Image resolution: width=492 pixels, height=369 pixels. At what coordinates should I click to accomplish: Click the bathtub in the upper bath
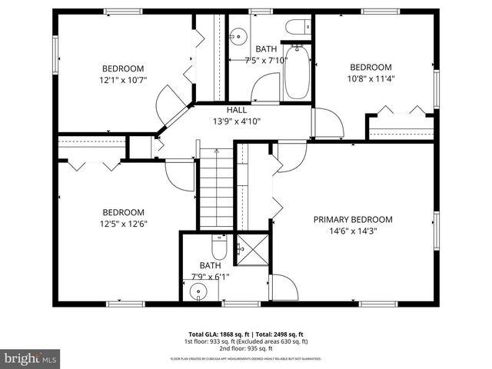[x=296, y=73]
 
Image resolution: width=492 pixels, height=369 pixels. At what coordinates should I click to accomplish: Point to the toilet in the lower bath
[x=218, y=249]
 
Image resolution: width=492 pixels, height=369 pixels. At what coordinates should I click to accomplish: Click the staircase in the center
[x=217, y=188]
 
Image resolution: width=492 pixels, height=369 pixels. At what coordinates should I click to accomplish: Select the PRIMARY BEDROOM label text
[x=353, y=219]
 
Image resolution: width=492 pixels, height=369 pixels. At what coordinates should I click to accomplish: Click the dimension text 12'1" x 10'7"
[x=123, y=78]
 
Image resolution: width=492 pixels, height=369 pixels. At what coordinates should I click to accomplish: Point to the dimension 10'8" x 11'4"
[x=371, y=78]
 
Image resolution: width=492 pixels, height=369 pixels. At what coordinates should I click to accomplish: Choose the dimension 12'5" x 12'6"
[x=124, y=224]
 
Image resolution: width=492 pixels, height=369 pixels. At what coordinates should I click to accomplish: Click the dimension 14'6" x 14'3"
[x=353, y=230]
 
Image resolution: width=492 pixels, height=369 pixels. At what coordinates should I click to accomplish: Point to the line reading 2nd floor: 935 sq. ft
[x=245, y=347]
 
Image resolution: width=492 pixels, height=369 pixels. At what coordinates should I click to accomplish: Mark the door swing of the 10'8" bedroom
[x=326, y=123]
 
